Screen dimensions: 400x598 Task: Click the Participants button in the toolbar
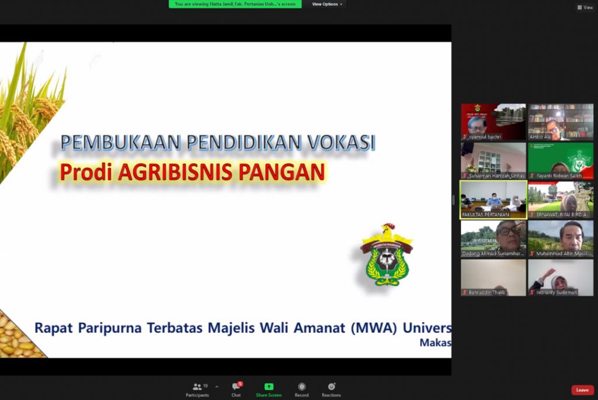197,389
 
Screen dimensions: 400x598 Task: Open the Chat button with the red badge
236,389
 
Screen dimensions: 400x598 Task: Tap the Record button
301,389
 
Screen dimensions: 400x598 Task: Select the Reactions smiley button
331,389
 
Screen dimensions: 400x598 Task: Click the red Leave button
582,390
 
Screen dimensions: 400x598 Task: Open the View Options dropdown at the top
325,4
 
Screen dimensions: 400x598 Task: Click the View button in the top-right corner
585,8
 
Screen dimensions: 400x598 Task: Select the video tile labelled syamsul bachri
493,122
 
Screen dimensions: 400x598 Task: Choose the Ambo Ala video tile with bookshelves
561,122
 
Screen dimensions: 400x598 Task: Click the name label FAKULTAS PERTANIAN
486,215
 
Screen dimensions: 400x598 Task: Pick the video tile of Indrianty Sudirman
561,277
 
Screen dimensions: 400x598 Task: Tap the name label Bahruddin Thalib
488,292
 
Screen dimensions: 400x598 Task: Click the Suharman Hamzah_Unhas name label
496,175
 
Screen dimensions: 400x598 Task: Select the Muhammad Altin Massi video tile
561,238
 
